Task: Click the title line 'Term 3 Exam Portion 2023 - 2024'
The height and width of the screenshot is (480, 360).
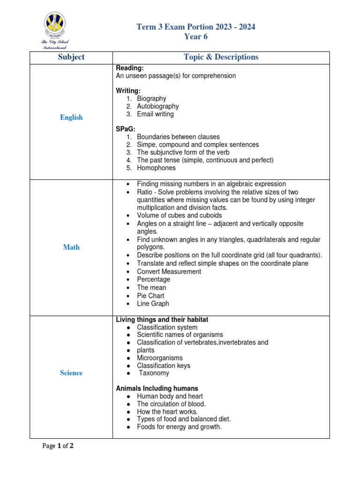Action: click(x=196, y=27)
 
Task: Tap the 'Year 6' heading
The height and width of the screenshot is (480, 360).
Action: click(x=196, y=37)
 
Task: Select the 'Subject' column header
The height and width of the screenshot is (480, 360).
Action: click(x=71, y=57)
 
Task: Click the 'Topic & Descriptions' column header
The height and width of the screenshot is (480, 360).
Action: click(x=221, y=57)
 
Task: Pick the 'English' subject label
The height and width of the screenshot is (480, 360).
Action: click(x=71, y=118)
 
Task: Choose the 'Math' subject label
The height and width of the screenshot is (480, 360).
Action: click(x=71, y=247)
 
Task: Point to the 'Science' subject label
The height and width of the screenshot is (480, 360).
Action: click(x=71, y=373)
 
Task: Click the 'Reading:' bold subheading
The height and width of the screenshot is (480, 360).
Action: click(x=127, y=68)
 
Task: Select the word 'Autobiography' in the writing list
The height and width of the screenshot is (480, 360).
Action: click(x=157, y=106)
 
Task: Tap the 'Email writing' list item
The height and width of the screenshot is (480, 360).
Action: click(x=155, y=114)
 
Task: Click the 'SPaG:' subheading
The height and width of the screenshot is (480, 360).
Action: click(x=126, y=129)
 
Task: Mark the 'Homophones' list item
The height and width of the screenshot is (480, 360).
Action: click(x=156, y=168)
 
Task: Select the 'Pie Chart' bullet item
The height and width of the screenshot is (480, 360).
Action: click(x=150, y=296)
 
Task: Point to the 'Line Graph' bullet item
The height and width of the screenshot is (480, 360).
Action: click(x=153, y=304)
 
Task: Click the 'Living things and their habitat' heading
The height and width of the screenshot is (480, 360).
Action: click(x=162, y=320)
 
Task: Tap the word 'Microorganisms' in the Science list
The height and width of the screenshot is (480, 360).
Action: click(x=160, y=358)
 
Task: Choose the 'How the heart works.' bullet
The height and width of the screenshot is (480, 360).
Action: click(x=167, y=412)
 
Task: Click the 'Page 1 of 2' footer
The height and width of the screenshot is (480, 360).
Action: click(x=58, y=446)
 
